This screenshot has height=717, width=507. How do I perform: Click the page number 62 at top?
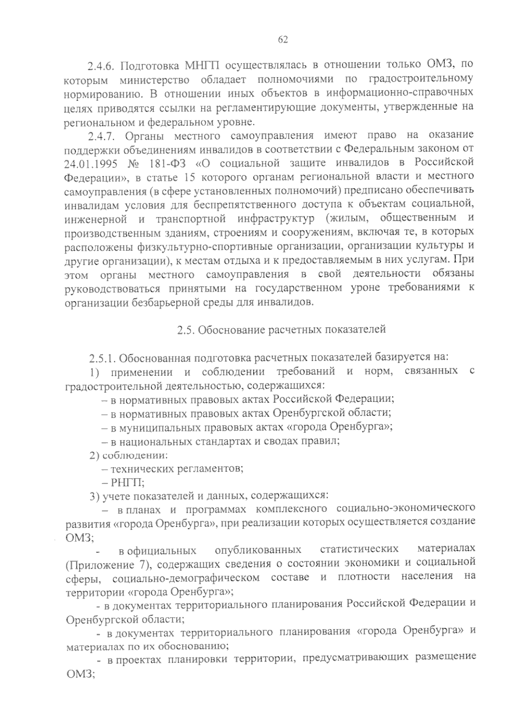[x=283, y=40]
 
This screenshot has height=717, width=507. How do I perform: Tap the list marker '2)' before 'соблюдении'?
[x=94, y=455]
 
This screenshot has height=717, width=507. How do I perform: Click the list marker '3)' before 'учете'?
[x=94, y=495]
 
